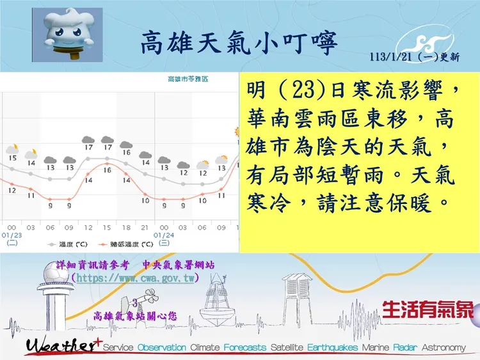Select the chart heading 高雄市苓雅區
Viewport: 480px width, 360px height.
point(187,79)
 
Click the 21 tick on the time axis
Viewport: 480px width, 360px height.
point(145,227)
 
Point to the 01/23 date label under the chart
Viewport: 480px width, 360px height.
point(12,235)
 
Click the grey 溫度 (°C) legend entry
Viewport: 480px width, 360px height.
point(70,244)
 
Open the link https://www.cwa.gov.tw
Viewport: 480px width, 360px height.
point(135,279)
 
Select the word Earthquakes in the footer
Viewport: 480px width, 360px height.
point(332,347)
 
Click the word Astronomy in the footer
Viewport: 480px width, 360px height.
point(444,347)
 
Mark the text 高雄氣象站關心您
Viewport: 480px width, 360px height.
point(134,315)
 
